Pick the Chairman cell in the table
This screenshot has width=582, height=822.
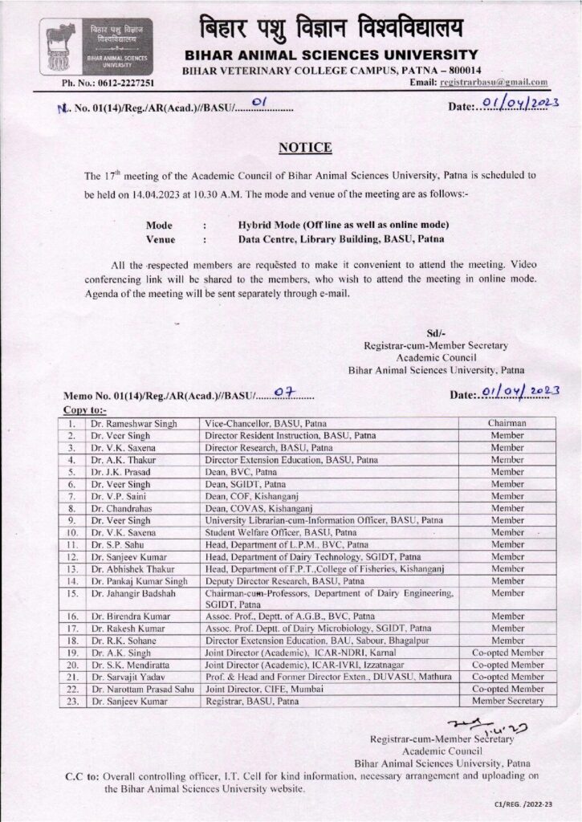(x=507, y=423)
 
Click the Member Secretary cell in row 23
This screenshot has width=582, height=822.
(x=507, y=701)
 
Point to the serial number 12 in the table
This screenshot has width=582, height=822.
(x=73, y=555)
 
